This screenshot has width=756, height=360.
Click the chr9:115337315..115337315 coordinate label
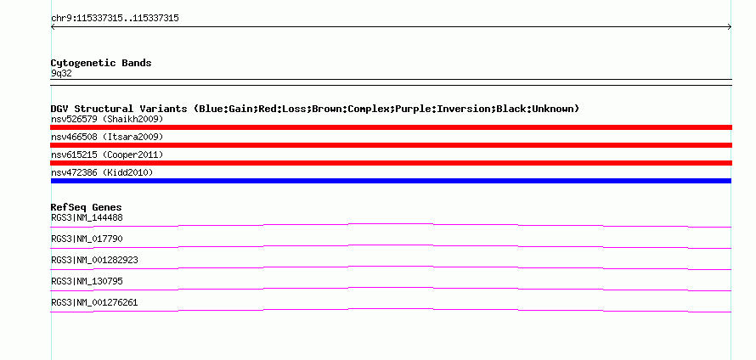point(115,19)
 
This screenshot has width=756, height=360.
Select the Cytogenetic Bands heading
point(101,63)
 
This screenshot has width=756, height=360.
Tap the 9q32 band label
point(61,74)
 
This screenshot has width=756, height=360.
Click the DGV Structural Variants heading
point(315,109)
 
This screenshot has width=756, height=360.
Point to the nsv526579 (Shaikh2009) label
point(107,119)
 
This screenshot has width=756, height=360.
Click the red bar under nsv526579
point(391,127)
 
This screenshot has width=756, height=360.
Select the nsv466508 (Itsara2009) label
point(107,137)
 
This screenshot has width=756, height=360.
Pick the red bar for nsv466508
point(391,145)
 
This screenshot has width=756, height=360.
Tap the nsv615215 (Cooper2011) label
point(107,155)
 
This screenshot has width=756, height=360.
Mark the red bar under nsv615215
point(391,163)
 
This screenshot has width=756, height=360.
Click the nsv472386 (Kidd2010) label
point(102,172)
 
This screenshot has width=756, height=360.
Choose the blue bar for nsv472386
point(391,181)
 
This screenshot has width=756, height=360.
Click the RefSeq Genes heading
point(87,207)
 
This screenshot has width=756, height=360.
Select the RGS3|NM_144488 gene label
point(87,217)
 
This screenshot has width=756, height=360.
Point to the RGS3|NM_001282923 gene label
point(94,260)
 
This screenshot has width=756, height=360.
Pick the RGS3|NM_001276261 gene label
point(94,302)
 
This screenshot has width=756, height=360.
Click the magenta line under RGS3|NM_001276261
point(391,309)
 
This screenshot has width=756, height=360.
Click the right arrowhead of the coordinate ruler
point(730,27)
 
